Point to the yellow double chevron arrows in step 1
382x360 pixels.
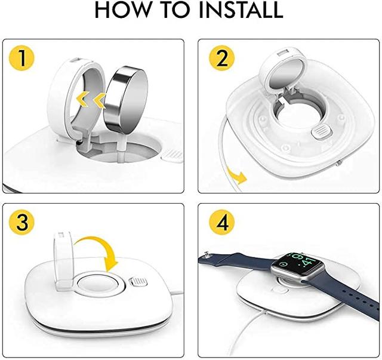click(89, 99)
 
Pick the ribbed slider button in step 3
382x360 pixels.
click(137, 280)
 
